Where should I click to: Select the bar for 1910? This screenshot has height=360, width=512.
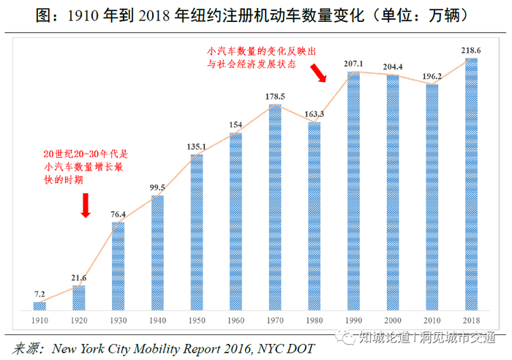tap(39, 305)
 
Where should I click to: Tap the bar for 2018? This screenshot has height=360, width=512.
tap(471, 184)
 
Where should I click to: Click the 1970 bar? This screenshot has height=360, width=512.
tap(275, 207)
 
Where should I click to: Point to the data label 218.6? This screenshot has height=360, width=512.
tap(470, 51)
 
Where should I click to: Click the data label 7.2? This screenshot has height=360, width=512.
tap(39, 294)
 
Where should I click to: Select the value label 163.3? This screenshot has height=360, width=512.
tap(315, 114)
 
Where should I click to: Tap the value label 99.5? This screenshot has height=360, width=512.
tap(157, 188)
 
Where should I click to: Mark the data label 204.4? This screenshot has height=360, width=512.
tap(393, 67)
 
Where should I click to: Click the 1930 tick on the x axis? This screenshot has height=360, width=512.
tap(118, 320)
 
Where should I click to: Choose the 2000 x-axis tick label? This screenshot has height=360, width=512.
tap(393, 320)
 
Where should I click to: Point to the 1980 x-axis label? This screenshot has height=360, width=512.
tap(315, 320)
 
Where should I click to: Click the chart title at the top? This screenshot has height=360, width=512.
tap(256, 15)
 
